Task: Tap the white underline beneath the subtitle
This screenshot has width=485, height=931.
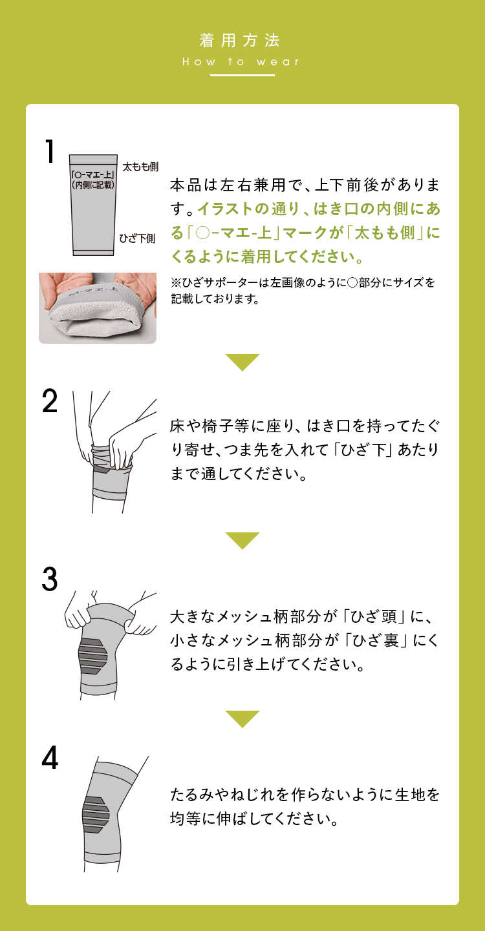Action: (242, 76)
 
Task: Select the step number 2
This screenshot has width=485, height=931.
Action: (50, 403)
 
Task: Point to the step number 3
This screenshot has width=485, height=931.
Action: (50, 580)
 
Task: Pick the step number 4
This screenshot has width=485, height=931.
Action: (50, 758)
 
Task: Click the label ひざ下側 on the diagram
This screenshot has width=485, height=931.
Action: (137, 238)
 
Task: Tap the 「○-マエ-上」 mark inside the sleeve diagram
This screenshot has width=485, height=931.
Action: (93, 175)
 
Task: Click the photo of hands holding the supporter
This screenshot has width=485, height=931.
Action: (98, 308)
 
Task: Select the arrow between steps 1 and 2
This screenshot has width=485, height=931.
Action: (242, 362)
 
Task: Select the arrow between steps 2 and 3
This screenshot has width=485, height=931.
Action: (242, 540)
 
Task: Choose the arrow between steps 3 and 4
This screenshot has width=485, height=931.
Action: (242, 718)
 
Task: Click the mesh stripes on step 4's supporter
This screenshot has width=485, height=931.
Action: (96, 815)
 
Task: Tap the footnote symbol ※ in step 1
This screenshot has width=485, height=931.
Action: (175, 282)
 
